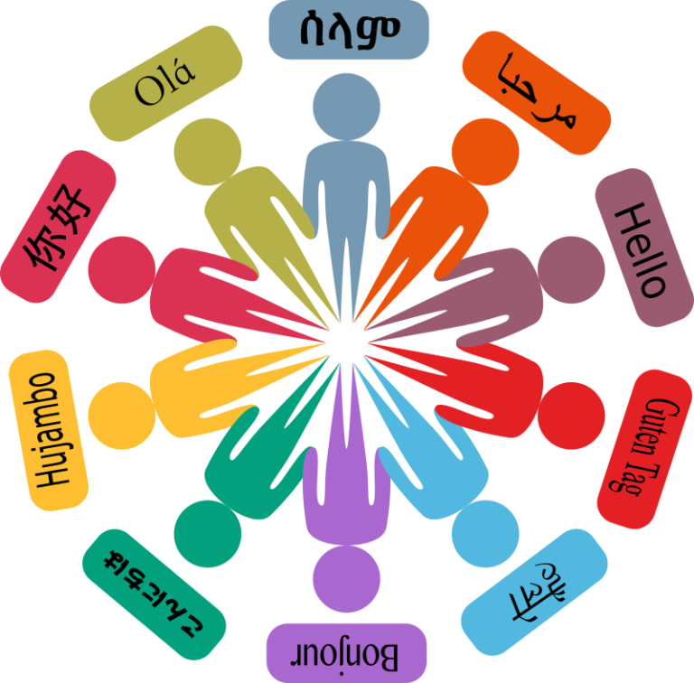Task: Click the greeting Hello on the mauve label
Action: [x=641, y=250]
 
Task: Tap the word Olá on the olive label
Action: [x=164, y=84]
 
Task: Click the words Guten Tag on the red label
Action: [x=643, y=447]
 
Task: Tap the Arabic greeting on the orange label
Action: [x=537, y=91]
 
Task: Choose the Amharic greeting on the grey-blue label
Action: [x=349, y=30]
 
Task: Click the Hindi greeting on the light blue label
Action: [x=537, y=592]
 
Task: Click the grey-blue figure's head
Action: [x=347, y=107]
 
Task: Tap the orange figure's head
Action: [x=485, y=152]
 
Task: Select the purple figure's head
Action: [x=347, y=578]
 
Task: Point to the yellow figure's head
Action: [x=122, y=416]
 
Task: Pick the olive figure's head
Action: [x=208, y=152]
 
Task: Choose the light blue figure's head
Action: [x=485, y=534]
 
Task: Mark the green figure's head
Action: [x=208, y=534]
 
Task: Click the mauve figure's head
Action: [x=571, y=270]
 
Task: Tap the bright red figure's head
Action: [x=571, y=416]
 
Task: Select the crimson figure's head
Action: [x=122, y=270]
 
